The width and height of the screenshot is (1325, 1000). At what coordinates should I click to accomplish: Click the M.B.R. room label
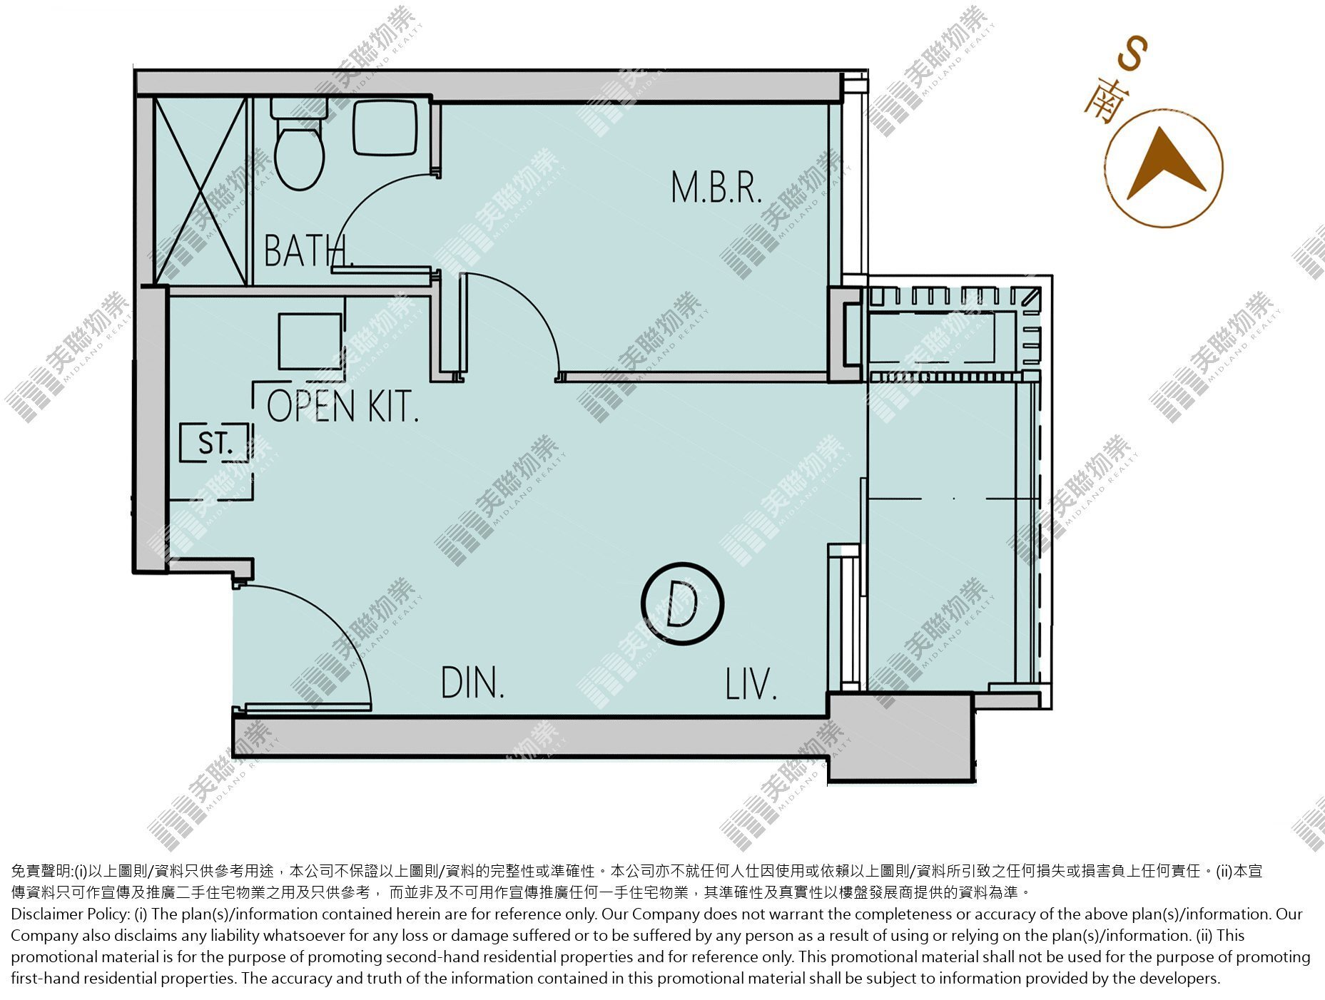tap(716, 187)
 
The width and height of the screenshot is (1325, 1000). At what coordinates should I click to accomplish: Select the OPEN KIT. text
tap(342, 407)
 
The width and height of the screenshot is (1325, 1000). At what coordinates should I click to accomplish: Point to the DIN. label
tap(472, 683)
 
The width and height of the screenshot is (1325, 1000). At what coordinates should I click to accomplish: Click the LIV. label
tap(751, 684)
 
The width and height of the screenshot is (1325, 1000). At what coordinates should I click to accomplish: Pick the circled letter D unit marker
tap(682, 603)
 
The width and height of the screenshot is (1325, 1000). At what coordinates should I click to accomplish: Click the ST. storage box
tap(215, 442)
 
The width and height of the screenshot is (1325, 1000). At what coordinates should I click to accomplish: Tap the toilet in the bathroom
tap(299, 144)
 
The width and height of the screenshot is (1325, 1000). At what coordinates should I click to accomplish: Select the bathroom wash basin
tap(385, 127)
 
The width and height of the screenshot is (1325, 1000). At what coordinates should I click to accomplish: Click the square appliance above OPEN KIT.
tap(310, 341)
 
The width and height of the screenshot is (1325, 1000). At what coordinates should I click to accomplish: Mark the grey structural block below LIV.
tap(900, 738)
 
